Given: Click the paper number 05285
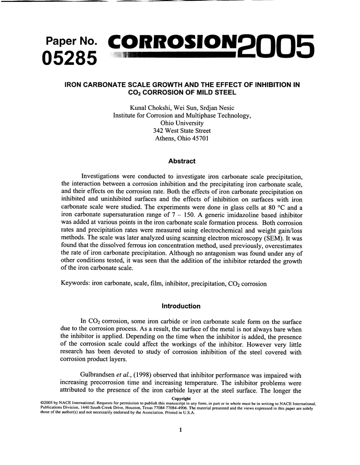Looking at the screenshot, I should [x=70, y=58].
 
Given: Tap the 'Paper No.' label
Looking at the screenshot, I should [x=71, y=41].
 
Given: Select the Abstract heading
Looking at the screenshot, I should [x=182, y=161].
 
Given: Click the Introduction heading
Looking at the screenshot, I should [x=181, y=306].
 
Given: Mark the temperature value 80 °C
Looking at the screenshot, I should [x=283, y=208].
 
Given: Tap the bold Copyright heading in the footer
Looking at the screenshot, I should [x=181, y=398].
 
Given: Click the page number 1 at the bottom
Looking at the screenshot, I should [x=180, y=429].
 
